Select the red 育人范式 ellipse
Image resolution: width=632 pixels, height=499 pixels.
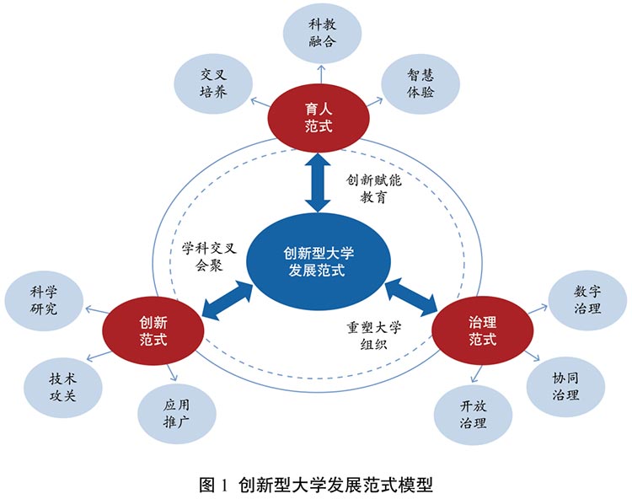[x=319, y=117]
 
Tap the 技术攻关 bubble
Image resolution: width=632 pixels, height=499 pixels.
[x=62, y=385]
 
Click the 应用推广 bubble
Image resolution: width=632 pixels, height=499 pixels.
[x=177, y=412]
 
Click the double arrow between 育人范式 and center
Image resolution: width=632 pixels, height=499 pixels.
[x=318, y=180]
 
